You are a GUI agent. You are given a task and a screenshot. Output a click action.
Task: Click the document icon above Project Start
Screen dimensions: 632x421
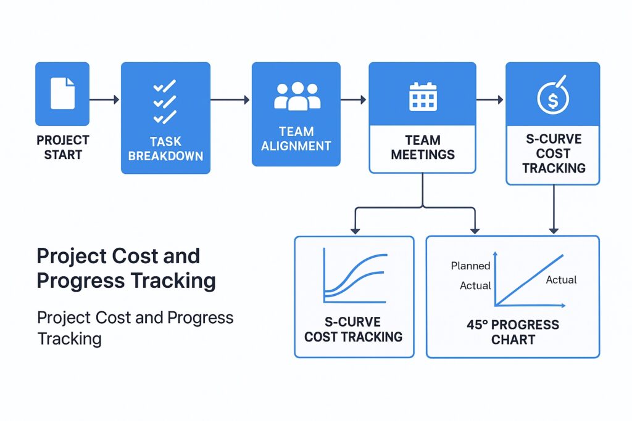coord(62,93)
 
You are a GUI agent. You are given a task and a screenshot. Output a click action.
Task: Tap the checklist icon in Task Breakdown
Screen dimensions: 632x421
coord(165,102)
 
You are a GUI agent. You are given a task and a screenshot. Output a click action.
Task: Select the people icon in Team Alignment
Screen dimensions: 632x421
coord(297,96)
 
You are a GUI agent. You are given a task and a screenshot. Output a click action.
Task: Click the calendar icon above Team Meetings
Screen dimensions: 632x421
coord(423,96)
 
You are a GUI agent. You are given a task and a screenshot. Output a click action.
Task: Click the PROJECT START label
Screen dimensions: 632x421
coord(63,147)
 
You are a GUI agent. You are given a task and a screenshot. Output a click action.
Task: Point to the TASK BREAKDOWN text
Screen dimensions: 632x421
coord(165,149)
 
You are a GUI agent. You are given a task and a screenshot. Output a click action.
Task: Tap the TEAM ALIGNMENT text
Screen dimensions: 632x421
coord(296,139)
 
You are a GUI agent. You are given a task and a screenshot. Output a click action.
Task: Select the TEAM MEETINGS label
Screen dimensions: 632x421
coord(423,147)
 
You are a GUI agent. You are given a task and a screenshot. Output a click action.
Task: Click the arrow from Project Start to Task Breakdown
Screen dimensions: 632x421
coord(104,99)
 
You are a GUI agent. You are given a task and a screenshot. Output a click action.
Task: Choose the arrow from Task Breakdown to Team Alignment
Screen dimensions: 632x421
coord(230,99)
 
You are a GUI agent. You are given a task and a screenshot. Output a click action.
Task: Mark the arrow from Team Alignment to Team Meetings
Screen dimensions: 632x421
coord(354,99)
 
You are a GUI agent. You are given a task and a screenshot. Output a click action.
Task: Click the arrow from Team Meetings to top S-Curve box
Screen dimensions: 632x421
coord(489,99)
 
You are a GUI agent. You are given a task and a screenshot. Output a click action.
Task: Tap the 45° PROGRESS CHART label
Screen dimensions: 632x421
coord(513,332)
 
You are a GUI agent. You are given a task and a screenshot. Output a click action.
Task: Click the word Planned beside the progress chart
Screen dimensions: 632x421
coord(470,266)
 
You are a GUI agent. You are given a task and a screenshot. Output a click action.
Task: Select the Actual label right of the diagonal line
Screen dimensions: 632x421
coord(561,280)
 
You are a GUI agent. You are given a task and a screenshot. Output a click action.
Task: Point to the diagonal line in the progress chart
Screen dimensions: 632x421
coord(530,280)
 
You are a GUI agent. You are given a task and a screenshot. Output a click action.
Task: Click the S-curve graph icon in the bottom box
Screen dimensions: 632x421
coord(355,276)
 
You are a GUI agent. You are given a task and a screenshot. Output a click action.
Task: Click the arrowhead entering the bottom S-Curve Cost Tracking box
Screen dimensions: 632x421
coord(355,231)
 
